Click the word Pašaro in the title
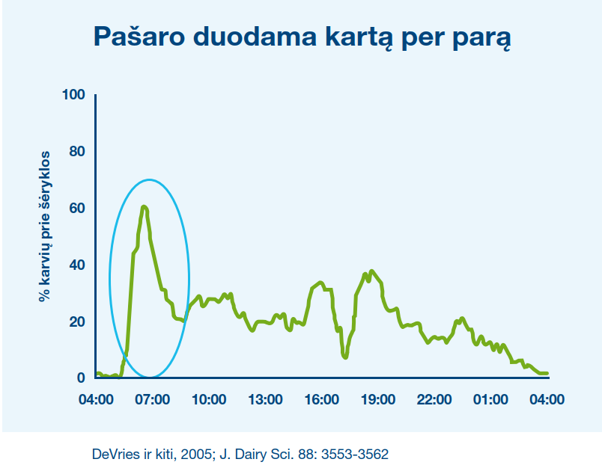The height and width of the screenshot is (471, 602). pos(139,37)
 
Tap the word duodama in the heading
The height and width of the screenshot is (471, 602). pos(255,37)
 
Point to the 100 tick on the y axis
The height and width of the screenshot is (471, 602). pos(73,94)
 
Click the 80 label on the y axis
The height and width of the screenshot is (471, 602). pos(77,151)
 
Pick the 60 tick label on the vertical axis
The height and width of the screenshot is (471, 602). pos(77,208)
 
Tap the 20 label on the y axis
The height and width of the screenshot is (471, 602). pos(77,321)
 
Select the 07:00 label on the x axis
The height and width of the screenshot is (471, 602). pos(153,399)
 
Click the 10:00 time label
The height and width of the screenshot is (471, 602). pos(209,399)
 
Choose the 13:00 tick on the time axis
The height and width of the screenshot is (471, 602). pos(265,399)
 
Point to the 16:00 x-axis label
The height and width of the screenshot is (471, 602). pos(322,399)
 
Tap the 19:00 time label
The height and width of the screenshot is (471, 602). pos(378,399)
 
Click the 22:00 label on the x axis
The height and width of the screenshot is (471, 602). pos(434,399)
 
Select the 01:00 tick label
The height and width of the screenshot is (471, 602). pos(490,399)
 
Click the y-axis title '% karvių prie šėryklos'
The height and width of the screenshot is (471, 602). pos(44,226)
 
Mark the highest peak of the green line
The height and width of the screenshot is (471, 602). pos(144,207)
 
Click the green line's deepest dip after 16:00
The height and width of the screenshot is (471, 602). pos(345,357)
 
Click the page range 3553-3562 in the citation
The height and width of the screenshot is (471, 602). pos(355,454)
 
